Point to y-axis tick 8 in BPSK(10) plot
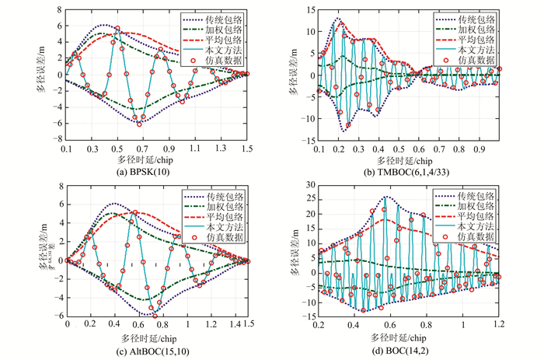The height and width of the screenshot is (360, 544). pyautogui.click(x=60, y=10)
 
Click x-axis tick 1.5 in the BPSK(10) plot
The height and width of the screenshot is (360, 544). pyautogui.click(x=246, y=147)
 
